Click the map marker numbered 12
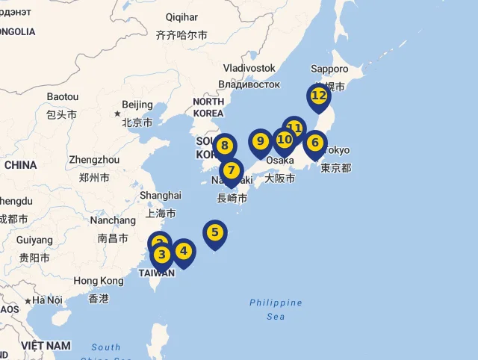tap(318, 96)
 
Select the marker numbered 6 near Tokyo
tap(315, 143)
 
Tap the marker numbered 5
tap(215, 232)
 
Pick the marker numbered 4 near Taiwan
tap(184, 252)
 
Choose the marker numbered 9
tap(260, 140)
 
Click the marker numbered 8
tap(226, 146)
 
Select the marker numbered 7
tap(232, 170)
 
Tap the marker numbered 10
tap(284, 140)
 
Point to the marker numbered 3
tap(162, 254)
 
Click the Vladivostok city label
tap(249, 68)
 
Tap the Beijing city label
tap(137, 105)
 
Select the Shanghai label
tap(161, 195)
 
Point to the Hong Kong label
tap(99, 281)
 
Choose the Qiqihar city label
tap(182, 17)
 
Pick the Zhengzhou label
tap(94, 160)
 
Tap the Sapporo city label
tap(329, 69)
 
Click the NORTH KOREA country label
tap(208, 107)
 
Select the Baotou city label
tap(62, 97)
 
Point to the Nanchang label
tap(113, 220)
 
